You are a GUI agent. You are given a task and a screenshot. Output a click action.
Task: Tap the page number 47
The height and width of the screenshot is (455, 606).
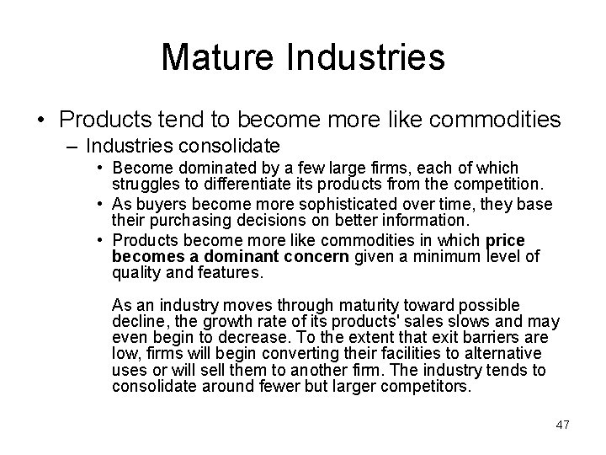click(x=562, y=425)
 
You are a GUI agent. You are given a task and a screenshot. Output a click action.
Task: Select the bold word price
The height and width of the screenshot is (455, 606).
click(x=505, y=240)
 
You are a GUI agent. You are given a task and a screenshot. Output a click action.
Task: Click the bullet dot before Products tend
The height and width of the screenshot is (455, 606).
click(x=39, y=121)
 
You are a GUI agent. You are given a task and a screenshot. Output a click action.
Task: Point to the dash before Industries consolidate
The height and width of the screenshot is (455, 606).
click(x=72, y=146)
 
